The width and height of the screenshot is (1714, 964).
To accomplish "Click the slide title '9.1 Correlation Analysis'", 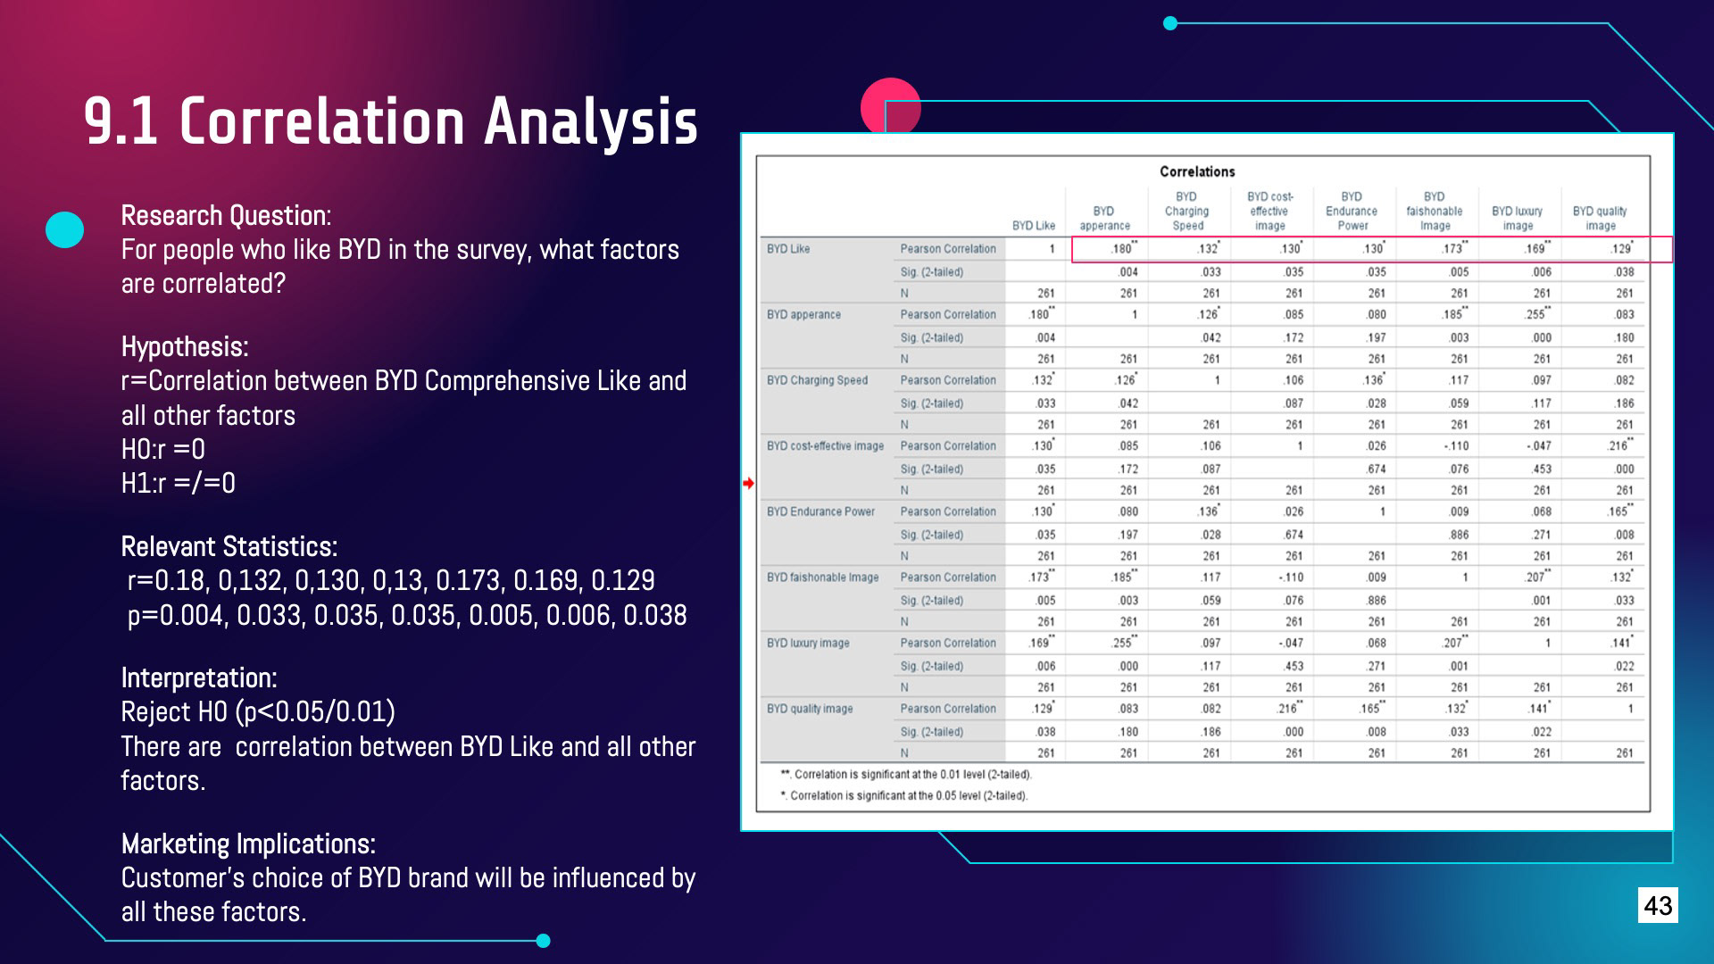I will click(391, 121).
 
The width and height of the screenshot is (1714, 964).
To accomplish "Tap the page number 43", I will click(1658, 905).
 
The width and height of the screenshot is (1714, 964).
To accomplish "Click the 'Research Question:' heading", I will click(226, 216).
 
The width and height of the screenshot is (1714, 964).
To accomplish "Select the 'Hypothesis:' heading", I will click(185, 347).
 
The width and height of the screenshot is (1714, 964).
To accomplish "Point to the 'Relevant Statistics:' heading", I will click(229, 547).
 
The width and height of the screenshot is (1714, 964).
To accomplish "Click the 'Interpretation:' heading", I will click(199, 678).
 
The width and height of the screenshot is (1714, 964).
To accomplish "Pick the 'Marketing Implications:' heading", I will click(248, 844).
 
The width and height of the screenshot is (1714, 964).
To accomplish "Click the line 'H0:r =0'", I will click(163, 449).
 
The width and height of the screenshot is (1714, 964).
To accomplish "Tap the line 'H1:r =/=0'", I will click(179, 484).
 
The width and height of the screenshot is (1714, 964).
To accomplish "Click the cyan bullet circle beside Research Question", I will click(64, 229).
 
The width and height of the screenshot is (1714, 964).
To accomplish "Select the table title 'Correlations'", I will click(1197, 171).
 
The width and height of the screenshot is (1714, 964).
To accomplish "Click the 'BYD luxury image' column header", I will click(1517, 218).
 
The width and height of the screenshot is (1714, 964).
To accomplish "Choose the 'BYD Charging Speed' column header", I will click(1186, 212).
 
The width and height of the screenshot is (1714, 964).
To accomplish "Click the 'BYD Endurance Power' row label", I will click(820, 511).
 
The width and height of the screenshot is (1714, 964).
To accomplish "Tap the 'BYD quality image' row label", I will click(810, 709).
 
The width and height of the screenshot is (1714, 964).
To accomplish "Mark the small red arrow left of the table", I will click(748, 483).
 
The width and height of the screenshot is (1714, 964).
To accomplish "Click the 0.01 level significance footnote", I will click(906, 775).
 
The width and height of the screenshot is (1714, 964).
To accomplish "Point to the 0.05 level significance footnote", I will click(904, 795).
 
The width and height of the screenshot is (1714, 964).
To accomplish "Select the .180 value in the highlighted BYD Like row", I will click(1122, 249).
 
